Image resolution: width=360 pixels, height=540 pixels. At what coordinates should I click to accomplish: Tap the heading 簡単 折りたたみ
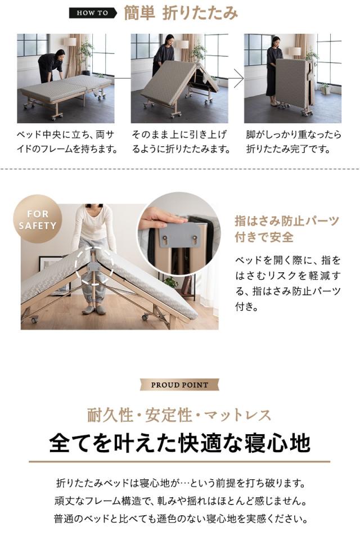pyautogui.click(x=181, y=13)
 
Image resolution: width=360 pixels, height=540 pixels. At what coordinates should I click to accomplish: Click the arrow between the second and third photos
pyautogui.click(x=238, y=78)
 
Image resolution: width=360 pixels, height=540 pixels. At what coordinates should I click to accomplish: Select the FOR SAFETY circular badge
pyautogui.click(x=38, y=220)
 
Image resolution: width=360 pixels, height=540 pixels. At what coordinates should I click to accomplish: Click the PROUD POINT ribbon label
pyautogui.click(x=179, y=385)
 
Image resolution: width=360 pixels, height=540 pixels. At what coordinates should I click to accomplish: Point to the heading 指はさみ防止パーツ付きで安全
pyautogui.click(x=287, y=228)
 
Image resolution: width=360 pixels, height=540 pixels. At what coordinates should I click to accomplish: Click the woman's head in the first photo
pyautogui.click(x=59, y=53)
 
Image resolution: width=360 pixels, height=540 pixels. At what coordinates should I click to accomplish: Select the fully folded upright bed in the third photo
pyautogui.click(x=294, y=84)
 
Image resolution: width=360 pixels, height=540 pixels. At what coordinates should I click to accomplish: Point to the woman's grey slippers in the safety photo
pyautogui.click(x=94, y=309)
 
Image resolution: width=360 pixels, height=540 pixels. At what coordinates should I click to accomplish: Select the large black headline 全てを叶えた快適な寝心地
pyautogui.click(x=179, y=443)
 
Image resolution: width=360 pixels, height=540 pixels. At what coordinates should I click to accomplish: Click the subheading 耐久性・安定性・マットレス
pyautogui.click(x=179, y=416)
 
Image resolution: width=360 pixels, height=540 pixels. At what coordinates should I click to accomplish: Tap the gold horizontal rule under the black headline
pyautogui.click(x=179, y=462)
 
